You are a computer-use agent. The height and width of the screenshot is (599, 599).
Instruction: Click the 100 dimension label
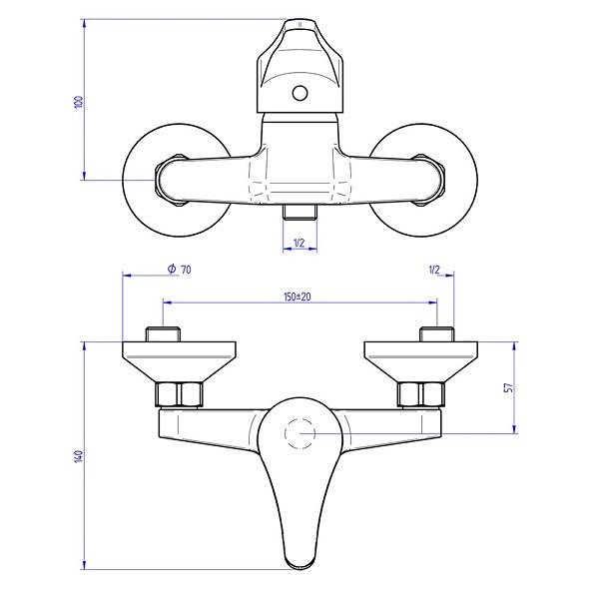[x=79, y=102]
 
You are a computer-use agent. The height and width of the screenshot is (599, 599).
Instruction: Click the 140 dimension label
[x=78, y=456]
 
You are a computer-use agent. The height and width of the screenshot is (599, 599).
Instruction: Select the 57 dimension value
[x=508, y=387]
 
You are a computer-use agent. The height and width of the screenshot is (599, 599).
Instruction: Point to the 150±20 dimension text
[x=298, y=297]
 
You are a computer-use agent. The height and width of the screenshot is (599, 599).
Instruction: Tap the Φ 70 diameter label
[x=179, y=270]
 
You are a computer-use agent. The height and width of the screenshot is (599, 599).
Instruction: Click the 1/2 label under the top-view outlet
[x=299, y=243]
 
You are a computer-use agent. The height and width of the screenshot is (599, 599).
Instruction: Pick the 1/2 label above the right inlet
[x=434, y=271]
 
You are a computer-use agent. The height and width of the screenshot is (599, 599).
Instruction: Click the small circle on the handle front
[x=299, y=93]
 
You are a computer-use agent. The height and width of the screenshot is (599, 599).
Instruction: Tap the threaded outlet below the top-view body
[x=299, y=212]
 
